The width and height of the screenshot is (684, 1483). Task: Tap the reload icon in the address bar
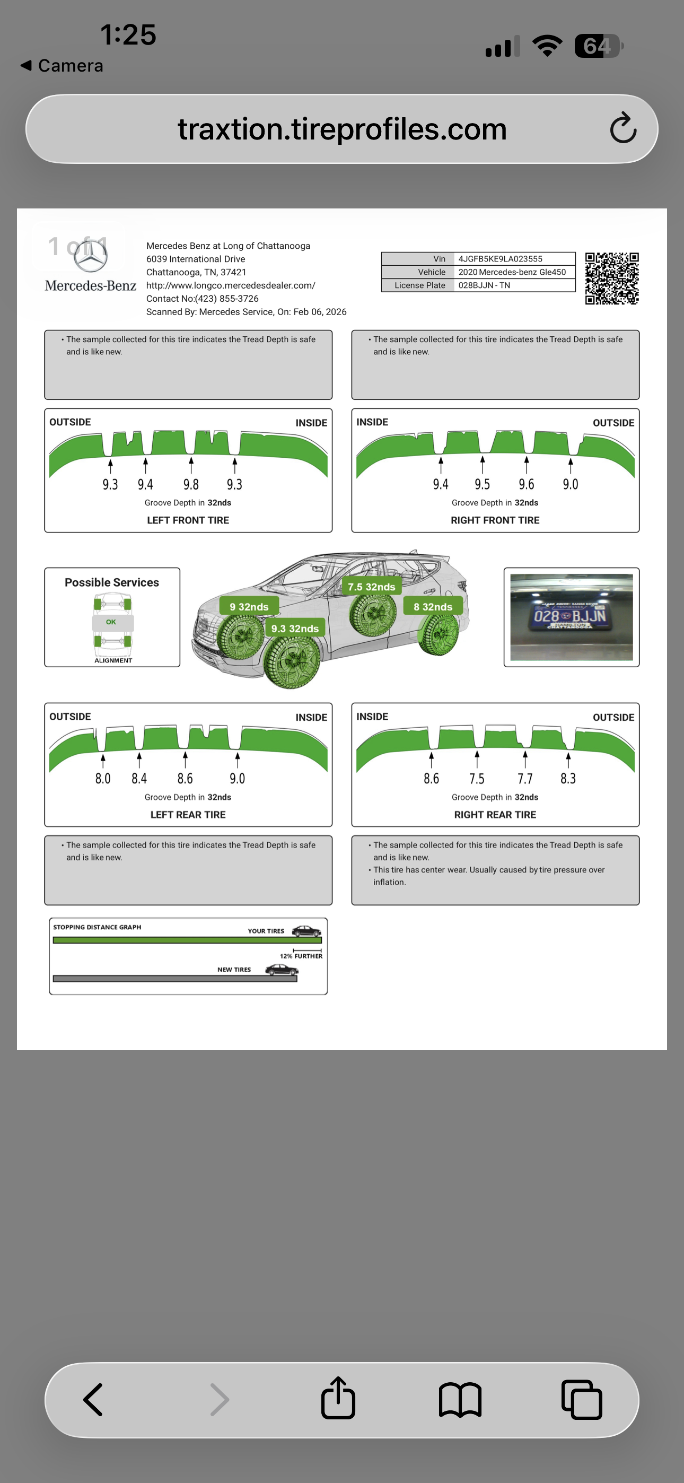pos(623,128)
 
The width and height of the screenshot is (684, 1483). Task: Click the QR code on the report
pos(611,278)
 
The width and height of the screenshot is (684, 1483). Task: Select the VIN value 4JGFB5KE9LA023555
pos(500,259)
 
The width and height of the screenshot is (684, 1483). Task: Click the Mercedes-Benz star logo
pos(90,257)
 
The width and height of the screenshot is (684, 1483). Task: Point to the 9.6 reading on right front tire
pos(526,484)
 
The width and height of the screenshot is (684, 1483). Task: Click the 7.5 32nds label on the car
pos(371,587)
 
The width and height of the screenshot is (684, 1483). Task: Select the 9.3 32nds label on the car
pos(295,629)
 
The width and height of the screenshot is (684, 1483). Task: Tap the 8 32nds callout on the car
pos(433,607)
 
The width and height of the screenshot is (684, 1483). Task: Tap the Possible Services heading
pos(112,582)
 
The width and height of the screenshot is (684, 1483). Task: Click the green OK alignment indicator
pos(111,622)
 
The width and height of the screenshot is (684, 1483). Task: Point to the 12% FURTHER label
pos(301,956)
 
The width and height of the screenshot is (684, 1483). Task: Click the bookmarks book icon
pos(460,1400)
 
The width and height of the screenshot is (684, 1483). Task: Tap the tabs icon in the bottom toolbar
pos(582,1400)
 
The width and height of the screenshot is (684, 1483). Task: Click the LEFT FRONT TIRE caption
pos(188,520)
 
